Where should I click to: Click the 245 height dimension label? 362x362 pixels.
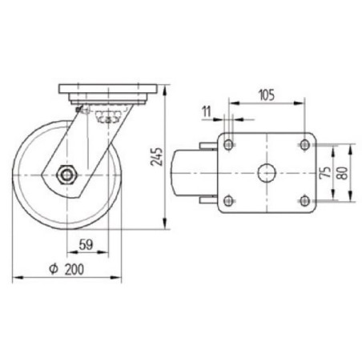pyautogui.click(x=157, y=157)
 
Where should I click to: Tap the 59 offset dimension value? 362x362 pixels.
pyautogui.click(x=86, y=244)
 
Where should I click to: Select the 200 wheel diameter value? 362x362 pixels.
pyautogui.click(x=74, y=269)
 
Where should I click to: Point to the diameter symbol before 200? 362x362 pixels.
pyautogui.click(x=54, y=269)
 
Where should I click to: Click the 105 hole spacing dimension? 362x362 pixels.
pyautogui.click(x=267, y=95)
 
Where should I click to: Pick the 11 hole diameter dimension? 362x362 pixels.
pyautogui.click(x=207, y=111)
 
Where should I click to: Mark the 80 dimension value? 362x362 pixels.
pyautogui.click(x=343, y=173)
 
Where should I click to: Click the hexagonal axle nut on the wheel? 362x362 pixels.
pyautogui.click(x=66, y=175)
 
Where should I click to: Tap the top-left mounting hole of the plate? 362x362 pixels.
pyautogui.click(x=228, y=145)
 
